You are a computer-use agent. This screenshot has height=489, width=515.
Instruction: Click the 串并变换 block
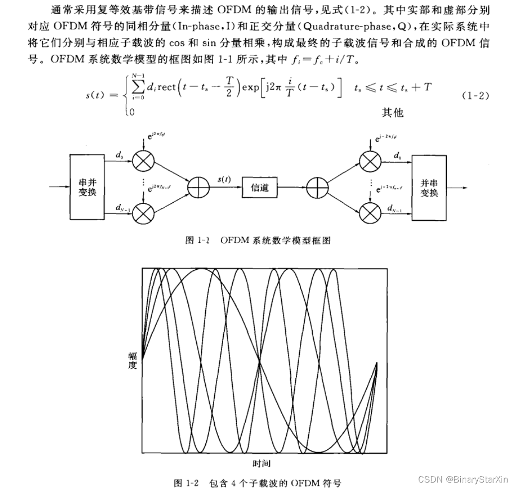point(87,187)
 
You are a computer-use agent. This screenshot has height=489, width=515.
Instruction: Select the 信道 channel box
point(259,188)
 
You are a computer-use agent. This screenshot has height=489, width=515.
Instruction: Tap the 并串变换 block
point(429,187)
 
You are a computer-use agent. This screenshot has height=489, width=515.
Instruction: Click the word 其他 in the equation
point(392,113)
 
